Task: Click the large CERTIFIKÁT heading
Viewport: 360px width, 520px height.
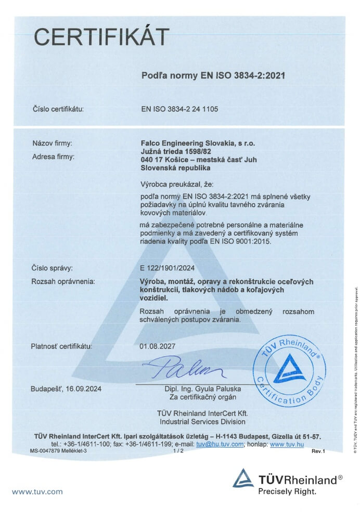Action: click(x=101, y=37)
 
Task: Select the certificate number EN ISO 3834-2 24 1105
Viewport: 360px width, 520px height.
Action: click(x=179, y=109)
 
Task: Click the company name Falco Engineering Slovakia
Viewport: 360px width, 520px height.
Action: click(x=198, y=142)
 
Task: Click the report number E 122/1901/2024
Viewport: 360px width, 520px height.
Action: click(x=171, y=268)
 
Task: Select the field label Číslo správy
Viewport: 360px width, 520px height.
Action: click(x=52, y=268)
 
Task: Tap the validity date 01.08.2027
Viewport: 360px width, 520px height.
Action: click(x=158, y=346)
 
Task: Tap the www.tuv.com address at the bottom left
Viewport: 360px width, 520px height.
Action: click(x=37, y=491)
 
